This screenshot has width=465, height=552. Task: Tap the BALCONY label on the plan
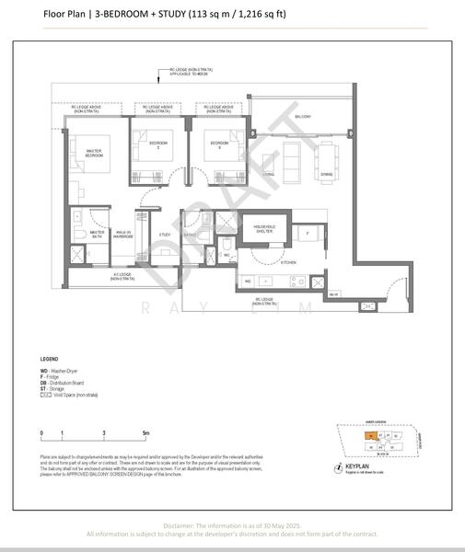pyautogui.click(x=302, y=117)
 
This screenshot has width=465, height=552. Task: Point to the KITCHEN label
pyautogui.click(x=288, y=262)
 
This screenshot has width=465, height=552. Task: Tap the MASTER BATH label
pyautogui.click(x=85, y=235)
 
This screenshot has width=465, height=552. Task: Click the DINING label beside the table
pyautogui.click(x=326, y=175)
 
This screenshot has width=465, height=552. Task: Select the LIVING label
pyautogui.click(x=268, y=174)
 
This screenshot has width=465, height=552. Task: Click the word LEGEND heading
pyautogui.click(x=50, y=358)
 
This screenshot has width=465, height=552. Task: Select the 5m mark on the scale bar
pyautogui.click(x=145, y=431)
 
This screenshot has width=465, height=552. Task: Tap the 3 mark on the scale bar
pyautogui.click(x=104, y=431)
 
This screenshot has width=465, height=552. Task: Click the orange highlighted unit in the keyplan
pyautogui.click(x=369, y=436)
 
